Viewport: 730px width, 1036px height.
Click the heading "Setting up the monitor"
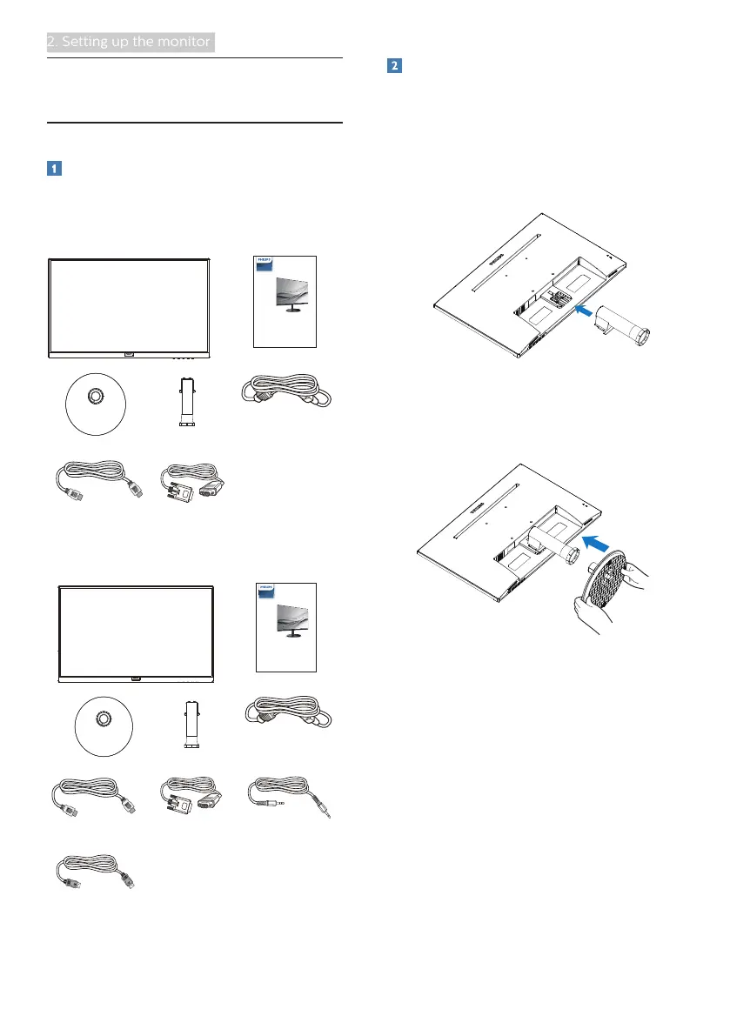130,42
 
